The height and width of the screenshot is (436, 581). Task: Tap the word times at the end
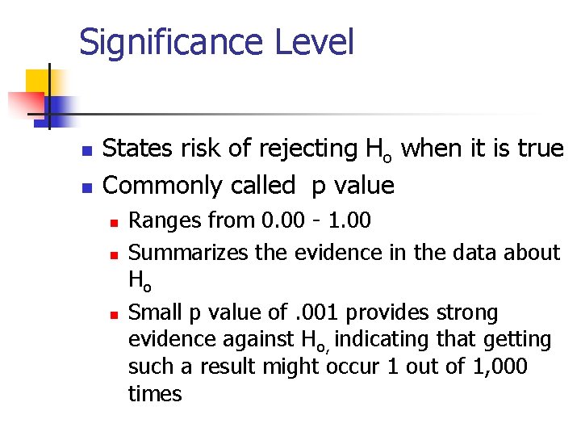click(155, 394)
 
